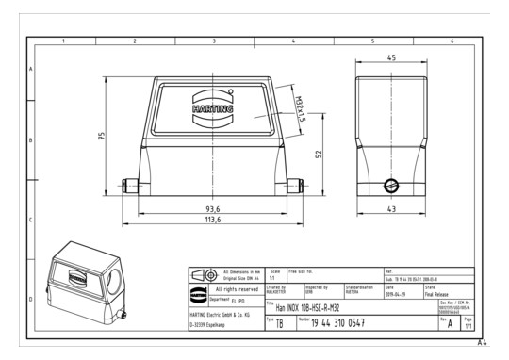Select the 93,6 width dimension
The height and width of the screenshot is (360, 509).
[213, 208]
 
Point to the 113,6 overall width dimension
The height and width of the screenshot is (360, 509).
[213, 220]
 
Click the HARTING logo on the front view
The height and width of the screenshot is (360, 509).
[213, 107]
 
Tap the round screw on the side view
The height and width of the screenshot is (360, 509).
[388, 183]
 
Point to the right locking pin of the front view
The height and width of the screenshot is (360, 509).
[293, 185]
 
